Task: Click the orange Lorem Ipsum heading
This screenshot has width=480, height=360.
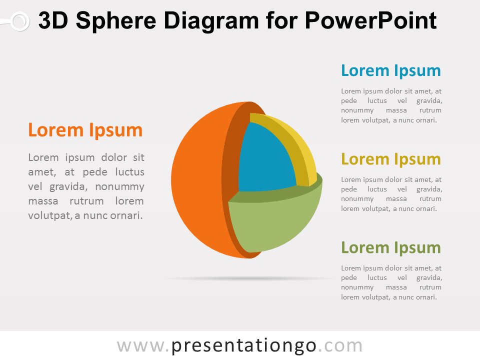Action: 85,130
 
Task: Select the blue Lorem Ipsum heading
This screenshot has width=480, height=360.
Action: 391,71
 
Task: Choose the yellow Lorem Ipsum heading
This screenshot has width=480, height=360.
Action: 391,159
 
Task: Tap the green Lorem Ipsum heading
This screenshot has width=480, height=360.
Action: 391,247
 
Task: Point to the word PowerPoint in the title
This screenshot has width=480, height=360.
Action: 370,20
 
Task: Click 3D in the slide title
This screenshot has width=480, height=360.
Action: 53,20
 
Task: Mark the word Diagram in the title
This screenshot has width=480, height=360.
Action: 211,21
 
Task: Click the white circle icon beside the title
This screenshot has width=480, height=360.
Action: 20,21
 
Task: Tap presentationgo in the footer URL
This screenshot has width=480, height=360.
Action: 243,346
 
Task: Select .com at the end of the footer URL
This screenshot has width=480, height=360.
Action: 340,346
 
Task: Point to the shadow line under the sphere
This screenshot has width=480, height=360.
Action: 249,278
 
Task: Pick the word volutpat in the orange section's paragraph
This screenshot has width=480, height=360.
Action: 49,216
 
